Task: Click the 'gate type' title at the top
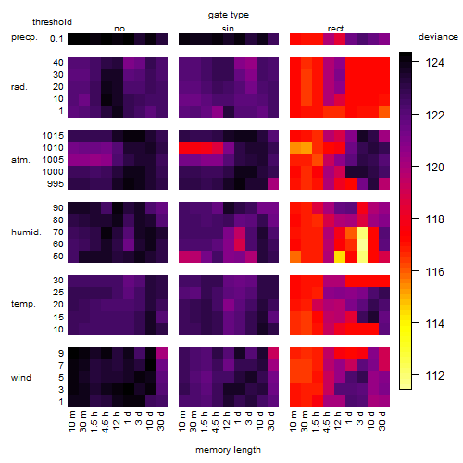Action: [x=229, y=15]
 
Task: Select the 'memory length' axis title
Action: [x=228, y=450]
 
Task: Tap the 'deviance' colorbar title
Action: [x=438, y=37]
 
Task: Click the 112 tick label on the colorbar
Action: [x=435, y=376]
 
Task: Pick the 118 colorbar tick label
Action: [x=435, y=219]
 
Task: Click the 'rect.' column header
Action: [x=337, y=29]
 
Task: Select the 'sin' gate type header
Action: [x=228, y=29]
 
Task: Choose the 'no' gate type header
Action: [x=119, y=29]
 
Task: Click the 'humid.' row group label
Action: [x=26, y=232]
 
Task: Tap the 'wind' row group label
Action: [x=21, y=378]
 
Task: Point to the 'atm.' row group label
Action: [x=20, y=160]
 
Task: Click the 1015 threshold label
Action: [x=53, y=136]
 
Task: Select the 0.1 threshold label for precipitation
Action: [x=56, y=39]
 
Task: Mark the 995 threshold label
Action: [x=56, y=184]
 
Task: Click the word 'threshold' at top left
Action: [x=52, y=22]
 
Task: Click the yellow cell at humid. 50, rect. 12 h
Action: [x=340, y=257]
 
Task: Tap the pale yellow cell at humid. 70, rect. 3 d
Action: [x=362, y=232]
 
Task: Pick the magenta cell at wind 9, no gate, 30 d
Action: [x=162, y=354]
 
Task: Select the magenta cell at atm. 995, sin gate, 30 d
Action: [x=273, y=184]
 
